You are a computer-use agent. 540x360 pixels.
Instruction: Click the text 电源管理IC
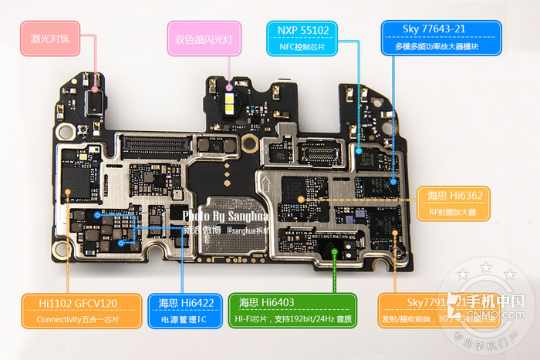click(x=186, y=319)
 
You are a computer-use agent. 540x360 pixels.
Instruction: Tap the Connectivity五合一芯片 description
click(x=78, y=319)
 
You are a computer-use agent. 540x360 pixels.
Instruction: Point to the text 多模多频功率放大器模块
click(x=441, y=47)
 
